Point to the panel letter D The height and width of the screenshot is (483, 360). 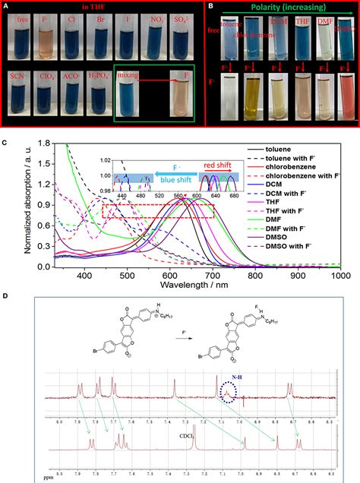(x=6, y=296)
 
